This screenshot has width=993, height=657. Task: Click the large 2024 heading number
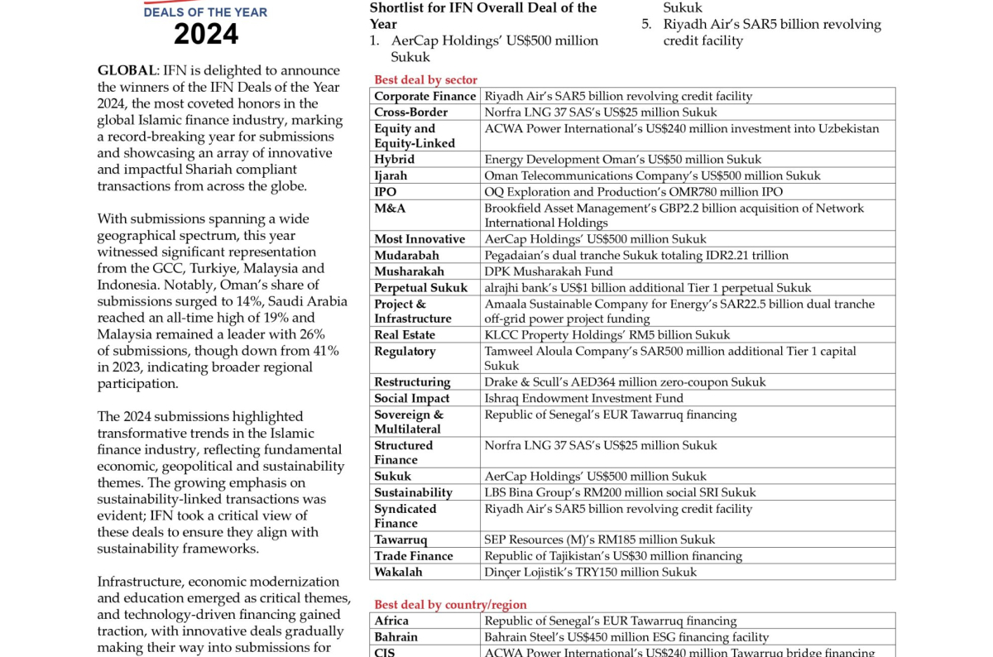coord(206,34)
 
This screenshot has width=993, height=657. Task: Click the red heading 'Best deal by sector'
coord(425,79)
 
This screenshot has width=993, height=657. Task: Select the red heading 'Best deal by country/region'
coord(450,605)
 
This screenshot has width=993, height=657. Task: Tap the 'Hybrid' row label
coord(395,159)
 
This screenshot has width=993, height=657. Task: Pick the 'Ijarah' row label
coord(391,175)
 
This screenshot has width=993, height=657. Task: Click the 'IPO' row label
coord(386,192)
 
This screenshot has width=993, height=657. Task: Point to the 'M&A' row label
coord(390,209)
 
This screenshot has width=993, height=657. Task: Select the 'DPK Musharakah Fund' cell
coord(549,271)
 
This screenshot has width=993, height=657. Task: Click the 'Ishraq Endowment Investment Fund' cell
coord(583,398)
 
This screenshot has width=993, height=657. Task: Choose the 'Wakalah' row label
coord(398,572)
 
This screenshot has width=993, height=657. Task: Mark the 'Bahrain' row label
coord(396,637)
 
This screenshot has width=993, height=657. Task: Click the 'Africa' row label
coord(391,621)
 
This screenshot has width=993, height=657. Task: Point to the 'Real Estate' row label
coord(405,335)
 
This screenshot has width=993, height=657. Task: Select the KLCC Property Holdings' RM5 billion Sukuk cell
coord(607,335)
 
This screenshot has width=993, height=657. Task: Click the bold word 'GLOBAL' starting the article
coord(127,70)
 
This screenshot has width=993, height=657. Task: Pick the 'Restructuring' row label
coord(412,382)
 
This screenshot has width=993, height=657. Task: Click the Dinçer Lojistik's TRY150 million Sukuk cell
coord(590,572)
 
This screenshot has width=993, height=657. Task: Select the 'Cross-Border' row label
coord(410,113)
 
